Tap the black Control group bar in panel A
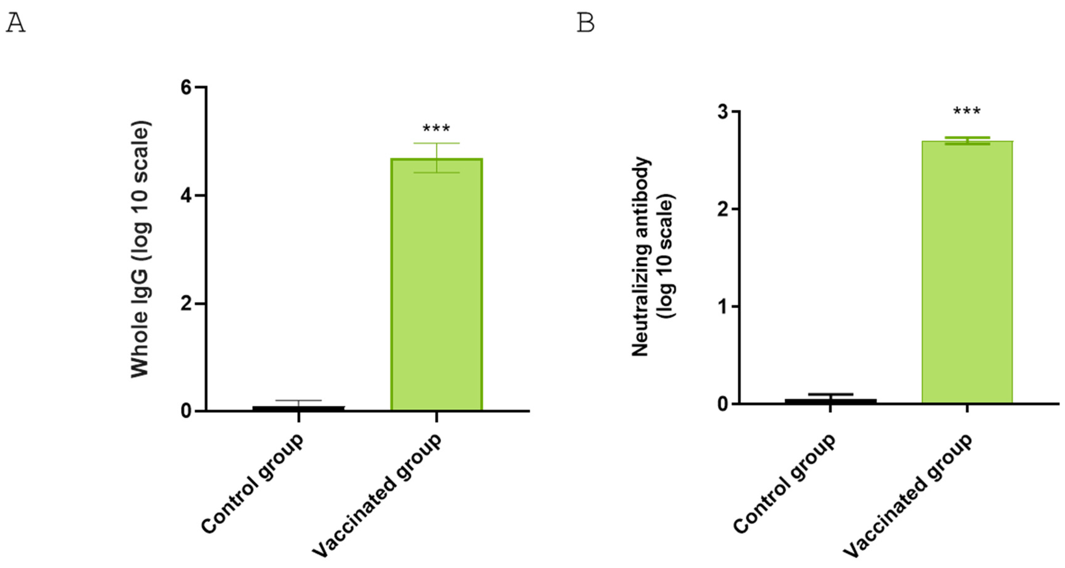pyautogui.click(x=298, y=408)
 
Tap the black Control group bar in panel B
pyautogui.click(x=830, y=401)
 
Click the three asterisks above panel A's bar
pyautogui.click(x=436, y=129)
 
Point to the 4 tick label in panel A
pyautogui.click(x=186, y=196)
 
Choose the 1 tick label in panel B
pyautogui.click(x=723, y=307)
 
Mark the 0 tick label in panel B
pyautogui.click(x=723, y=404)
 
